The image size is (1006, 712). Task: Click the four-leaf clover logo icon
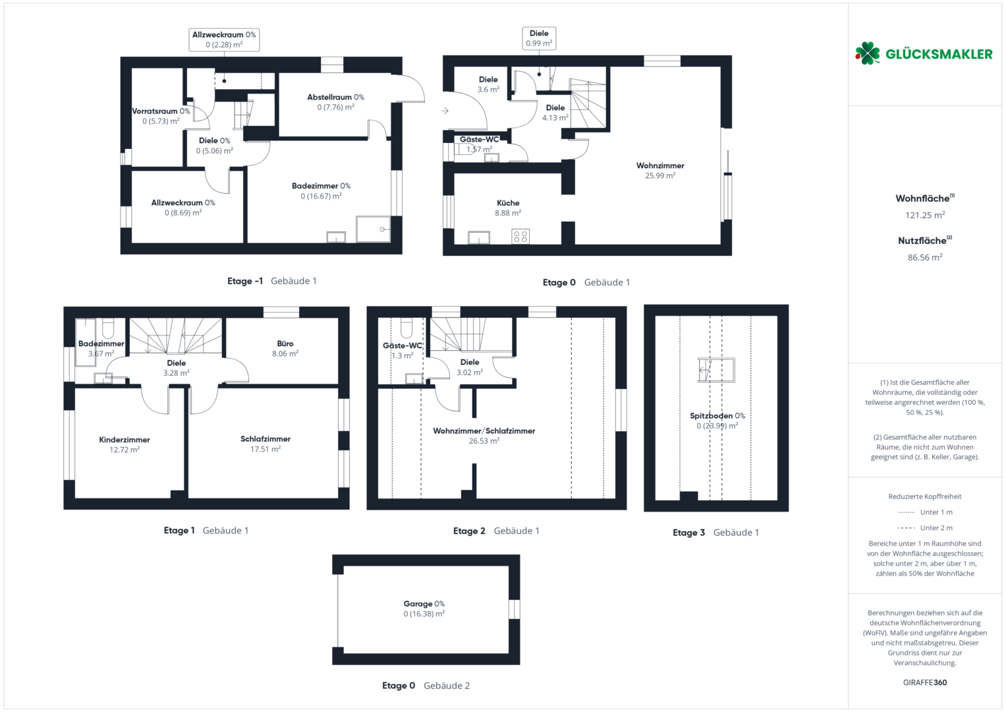[867, 53]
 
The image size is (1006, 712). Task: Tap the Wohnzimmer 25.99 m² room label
[660, 170]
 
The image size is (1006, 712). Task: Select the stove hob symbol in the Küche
[520, 237]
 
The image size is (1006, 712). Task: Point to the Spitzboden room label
[717, 421]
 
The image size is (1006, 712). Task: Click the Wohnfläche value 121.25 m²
[925, 216]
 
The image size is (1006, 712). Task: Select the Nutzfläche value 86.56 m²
[925, 258]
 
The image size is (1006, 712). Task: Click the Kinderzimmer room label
[125, 444]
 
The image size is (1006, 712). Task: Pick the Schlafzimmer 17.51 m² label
[265, 444]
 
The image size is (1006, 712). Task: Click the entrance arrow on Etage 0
[445, 111]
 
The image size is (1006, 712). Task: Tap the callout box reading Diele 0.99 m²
[539, 38]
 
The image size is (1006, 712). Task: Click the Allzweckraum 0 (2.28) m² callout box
[224, 40]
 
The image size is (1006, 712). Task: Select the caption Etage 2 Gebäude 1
[496, 531]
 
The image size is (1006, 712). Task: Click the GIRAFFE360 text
[925, 682]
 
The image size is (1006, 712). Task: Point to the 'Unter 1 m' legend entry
[925, 512]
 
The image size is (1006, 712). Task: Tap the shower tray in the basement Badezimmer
[373, 229]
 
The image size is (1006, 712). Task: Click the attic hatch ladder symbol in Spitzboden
[716, 370]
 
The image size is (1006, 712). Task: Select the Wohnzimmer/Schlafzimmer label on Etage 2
[484, 436]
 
